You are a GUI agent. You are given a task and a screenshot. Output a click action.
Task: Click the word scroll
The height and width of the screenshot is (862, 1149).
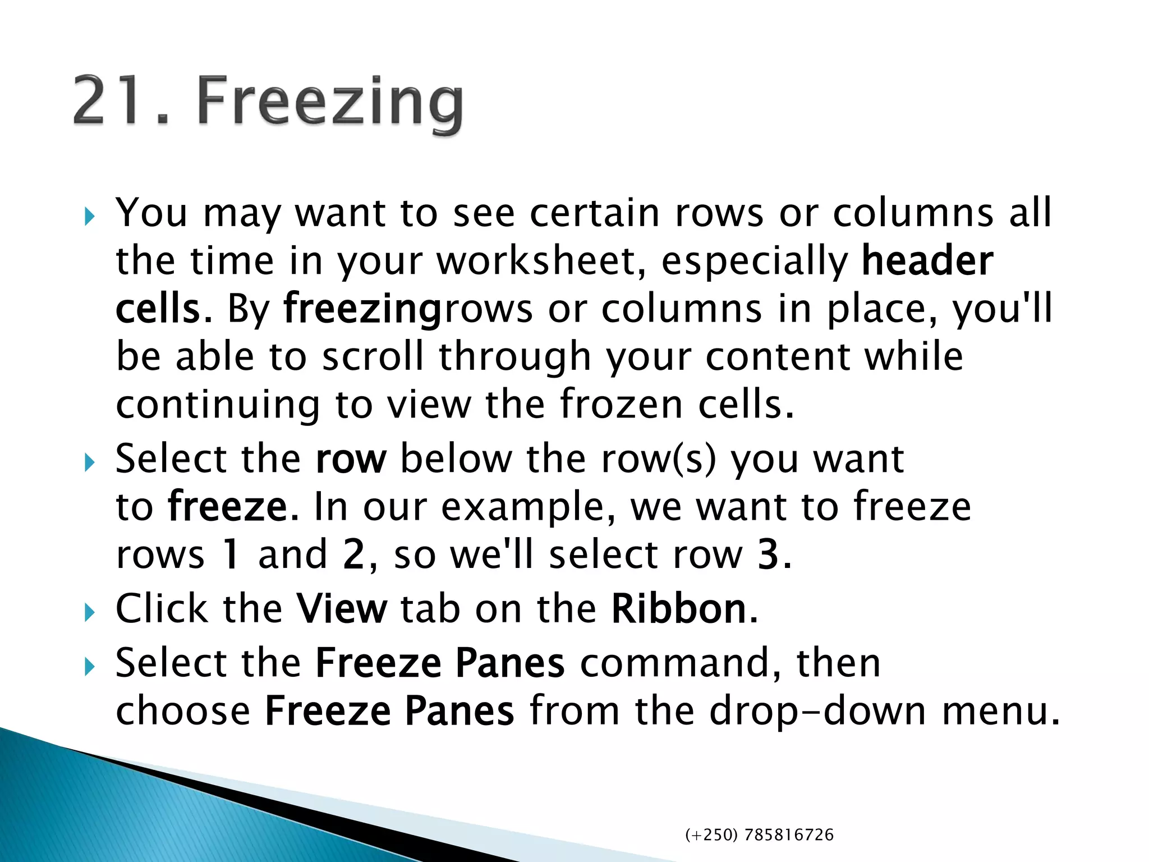373,357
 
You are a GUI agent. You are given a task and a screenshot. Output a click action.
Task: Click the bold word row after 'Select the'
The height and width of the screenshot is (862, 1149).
351,459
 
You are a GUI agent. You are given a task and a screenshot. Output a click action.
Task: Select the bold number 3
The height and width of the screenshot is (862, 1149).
767,554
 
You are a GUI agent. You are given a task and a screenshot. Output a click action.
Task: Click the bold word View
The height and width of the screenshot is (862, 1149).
342,609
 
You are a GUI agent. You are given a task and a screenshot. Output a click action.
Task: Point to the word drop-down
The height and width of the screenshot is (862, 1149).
817,711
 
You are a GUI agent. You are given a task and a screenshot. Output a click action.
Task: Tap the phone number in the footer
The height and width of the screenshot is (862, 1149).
759,835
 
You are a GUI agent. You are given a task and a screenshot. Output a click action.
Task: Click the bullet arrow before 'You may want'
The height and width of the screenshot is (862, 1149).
89,216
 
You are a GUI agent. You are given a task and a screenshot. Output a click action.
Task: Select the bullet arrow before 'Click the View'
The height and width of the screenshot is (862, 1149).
89,612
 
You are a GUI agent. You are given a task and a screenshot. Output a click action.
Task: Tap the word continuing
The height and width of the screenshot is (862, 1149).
218,406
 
